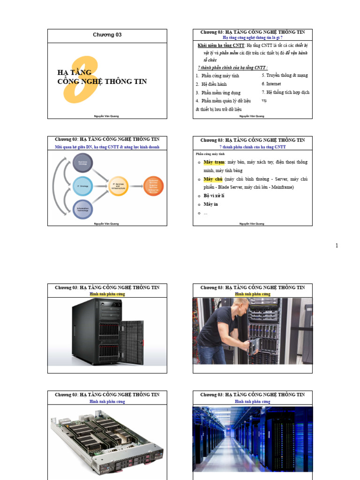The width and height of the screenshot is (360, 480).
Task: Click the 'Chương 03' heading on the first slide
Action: [107, 35]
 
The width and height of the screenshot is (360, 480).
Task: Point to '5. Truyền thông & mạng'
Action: [285, 75]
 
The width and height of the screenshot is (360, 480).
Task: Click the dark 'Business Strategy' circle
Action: [83, 163]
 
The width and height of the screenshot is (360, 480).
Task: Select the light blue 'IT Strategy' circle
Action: [83, 186]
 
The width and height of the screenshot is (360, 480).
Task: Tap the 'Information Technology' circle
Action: [83, 210]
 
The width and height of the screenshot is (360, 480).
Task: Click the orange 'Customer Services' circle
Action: [153, 186]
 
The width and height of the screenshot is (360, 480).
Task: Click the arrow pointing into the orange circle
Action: [136, 186]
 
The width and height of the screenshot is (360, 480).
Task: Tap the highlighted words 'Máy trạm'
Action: [213, 162]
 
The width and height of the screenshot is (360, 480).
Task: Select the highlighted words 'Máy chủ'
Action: [213, 179]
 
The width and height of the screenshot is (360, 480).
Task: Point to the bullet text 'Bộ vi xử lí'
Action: [214, 195]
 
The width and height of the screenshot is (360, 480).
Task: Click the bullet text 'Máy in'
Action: [211, 204]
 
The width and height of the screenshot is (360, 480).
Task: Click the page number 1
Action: [337, 246]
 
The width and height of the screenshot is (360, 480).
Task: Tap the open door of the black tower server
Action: [132, 341]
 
